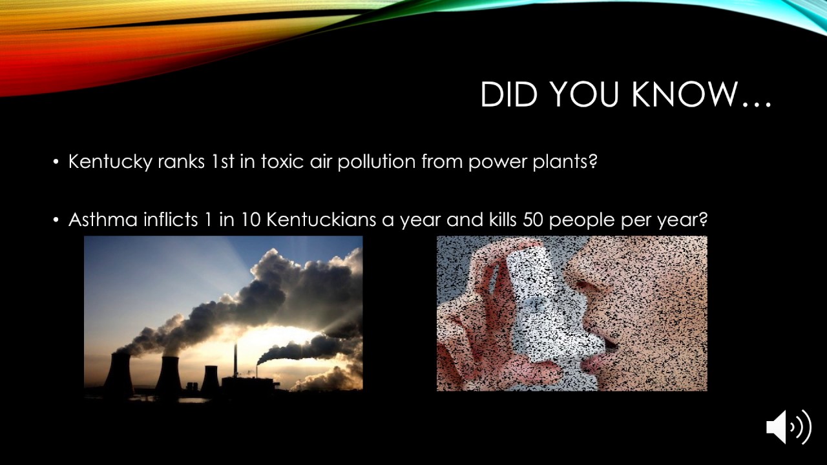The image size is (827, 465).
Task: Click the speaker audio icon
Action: pos(788,427)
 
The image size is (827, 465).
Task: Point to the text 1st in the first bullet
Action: pos(223,161)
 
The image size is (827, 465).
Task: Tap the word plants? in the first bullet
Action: pos(565,161)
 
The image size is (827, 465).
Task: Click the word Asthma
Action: pos(103,220)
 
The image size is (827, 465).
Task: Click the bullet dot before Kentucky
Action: pos(56,161)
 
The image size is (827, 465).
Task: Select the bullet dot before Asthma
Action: pos(56,220)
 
